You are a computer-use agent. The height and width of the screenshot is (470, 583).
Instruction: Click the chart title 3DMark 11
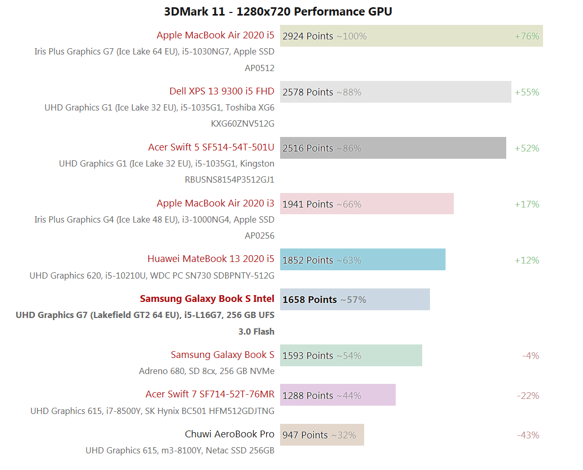[277, 11]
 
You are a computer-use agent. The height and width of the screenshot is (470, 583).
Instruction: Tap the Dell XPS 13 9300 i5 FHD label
[221, 91]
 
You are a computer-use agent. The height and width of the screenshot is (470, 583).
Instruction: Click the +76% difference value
[526, 36]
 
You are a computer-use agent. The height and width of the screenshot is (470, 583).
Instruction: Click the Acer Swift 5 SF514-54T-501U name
[211, 147]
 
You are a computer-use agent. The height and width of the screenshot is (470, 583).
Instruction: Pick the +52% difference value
[526, 148]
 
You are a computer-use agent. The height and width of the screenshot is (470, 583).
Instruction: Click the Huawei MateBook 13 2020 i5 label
[211, 259]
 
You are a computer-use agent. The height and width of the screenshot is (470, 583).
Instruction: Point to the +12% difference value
[526, 260]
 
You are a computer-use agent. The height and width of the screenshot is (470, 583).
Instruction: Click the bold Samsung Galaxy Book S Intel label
[207, 299]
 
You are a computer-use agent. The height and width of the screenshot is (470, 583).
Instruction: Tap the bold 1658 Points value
[309, 300]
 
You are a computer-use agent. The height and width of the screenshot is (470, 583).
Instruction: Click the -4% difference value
[531, 356]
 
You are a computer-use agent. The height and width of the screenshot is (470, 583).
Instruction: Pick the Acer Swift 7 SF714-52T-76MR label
[210, 394]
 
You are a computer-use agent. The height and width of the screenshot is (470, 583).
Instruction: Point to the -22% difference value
[528, 396]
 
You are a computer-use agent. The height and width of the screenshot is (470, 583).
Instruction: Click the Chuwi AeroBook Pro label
[229, 434]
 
